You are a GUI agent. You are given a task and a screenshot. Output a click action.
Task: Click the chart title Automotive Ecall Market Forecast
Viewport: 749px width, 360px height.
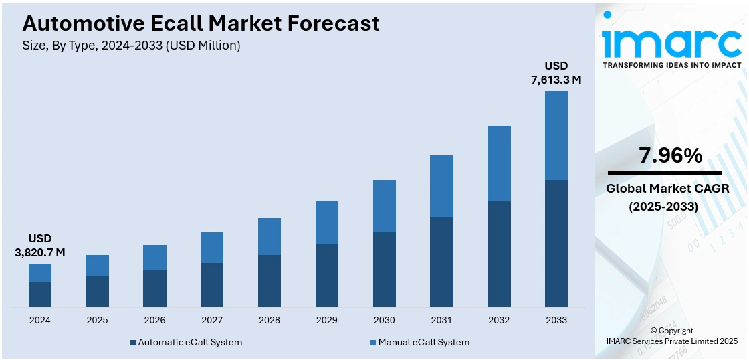(x=201, y=23)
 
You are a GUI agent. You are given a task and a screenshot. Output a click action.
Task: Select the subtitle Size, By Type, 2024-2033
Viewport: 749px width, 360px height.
(x=131, y=46)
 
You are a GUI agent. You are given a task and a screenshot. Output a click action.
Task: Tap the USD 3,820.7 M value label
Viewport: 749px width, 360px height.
(x=40, y=246)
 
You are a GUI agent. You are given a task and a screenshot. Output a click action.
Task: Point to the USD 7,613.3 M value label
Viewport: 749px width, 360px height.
(x=556, y=73)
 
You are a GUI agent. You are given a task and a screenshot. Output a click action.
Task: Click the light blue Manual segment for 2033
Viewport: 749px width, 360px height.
(x=556, y=135)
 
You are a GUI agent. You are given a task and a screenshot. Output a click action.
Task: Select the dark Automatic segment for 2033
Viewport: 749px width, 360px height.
(x=556, y=244)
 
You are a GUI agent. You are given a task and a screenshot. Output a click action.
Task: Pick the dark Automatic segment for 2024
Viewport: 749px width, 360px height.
(x=40, y=294)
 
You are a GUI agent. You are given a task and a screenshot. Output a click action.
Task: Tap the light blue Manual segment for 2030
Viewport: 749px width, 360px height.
(x=384, y=206)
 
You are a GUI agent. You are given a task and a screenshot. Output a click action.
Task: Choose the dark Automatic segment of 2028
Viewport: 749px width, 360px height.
(x=270, y=281)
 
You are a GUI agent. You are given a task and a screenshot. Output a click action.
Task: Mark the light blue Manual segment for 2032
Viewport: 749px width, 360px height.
(x=499, y=163)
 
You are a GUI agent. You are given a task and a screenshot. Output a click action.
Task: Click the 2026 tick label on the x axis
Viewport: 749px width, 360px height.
(x=154, y=320)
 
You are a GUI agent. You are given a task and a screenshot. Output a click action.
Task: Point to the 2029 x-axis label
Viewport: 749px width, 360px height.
(x=326, y=320)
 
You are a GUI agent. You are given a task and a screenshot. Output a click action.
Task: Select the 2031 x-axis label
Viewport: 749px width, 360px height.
(x=441, y=320)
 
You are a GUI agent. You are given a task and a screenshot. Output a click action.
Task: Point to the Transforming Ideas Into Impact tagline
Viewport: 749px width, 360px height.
(x=671, y=65)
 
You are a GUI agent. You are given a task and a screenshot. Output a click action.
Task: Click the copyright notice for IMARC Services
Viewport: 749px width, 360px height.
(x=671, y=336)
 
